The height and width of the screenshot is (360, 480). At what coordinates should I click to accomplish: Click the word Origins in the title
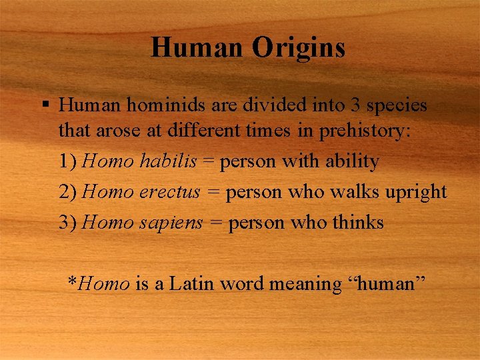coord(299,48)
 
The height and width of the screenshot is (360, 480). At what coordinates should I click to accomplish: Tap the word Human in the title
coord(197,48)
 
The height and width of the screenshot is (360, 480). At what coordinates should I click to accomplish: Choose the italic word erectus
coord(170,192)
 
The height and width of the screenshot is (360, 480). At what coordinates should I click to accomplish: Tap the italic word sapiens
coord(171,223)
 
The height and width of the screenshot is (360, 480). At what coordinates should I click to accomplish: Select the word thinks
coord(356,222)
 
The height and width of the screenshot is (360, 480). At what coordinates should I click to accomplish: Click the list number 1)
coord(69,161)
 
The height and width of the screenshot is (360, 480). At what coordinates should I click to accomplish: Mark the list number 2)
coord(69,192)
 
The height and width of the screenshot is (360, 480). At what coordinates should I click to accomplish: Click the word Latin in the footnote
coord(192,283)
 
